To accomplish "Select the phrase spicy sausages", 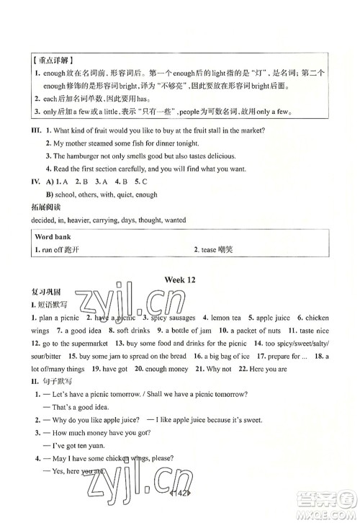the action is [x=169, y=318].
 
